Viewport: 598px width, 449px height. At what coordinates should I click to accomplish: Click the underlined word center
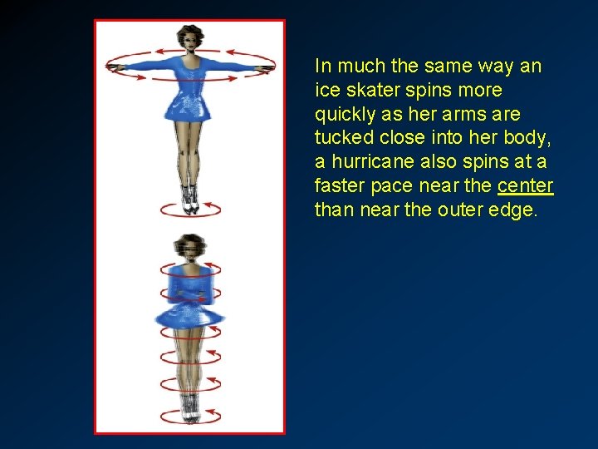point(526,185)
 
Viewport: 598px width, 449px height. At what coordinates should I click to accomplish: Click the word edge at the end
point(513,210)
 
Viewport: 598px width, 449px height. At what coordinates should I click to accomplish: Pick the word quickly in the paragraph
point(343,113)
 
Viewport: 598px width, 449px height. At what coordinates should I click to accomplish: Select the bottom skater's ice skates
point(190,407)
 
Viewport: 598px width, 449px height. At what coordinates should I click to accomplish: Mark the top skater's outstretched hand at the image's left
point(114,67)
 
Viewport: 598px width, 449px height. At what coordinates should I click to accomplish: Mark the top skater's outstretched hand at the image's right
point(267,67)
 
